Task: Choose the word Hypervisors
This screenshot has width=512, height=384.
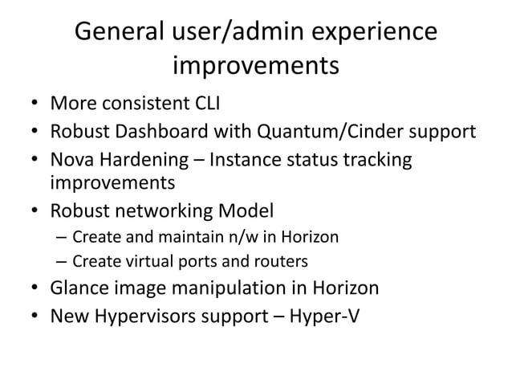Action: coord(145,315)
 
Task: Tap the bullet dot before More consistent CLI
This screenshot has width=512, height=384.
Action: coord(35,104)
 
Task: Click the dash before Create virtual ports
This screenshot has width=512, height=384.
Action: coord(62,262)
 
